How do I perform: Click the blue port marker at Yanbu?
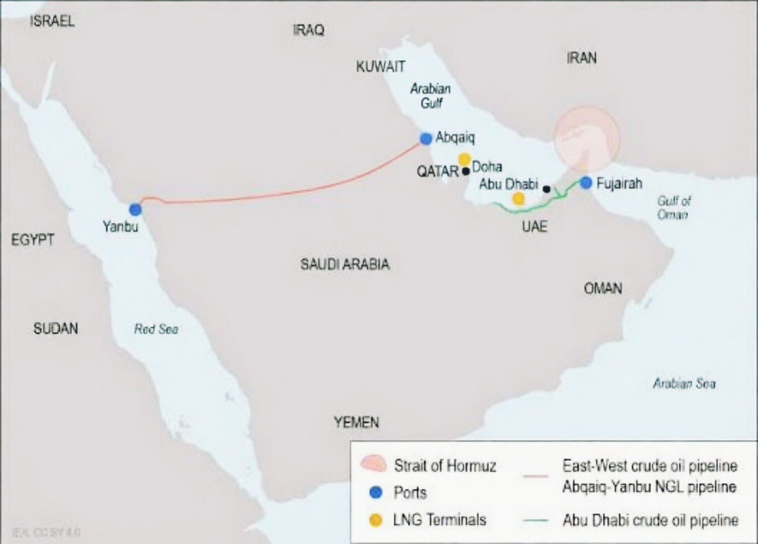tap(135, 210)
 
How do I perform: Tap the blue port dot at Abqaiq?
tap(426, 138)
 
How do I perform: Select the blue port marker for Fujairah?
tap(586, 183)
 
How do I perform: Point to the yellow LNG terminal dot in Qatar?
tap(464, 159)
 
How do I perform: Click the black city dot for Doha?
tap(466, 171)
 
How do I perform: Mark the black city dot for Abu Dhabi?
tap(546, 189)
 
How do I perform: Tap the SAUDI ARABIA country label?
tap(344, 265)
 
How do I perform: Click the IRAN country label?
tap(581, 58)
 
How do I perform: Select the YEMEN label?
tap(357, 423)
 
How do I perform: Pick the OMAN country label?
tap(603, 289)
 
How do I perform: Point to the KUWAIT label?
tap(380, 67)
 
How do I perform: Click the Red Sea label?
tap(156, 329)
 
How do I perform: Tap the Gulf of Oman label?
tap(674, 208)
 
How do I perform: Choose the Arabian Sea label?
tap(685, 384)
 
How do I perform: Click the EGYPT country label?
tap(32, 239)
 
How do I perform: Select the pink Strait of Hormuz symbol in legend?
tap(372, 465)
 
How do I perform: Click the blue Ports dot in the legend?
tap(376, 492)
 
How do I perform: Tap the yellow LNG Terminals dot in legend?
tap(376, 520)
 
